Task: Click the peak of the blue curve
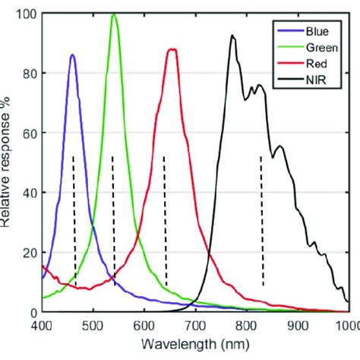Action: (72, 55)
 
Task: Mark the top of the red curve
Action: (172, 49)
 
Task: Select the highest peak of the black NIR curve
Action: (233, 36)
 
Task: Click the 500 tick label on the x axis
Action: (93, 325)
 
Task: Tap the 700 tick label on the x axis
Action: (195, 325)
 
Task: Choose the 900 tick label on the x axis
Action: (298, 325)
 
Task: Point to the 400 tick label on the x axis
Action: (42, 325)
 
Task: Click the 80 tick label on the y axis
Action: (27, 73)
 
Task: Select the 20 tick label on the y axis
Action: (27, 252)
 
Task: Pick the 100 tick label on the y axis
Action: (24, 14)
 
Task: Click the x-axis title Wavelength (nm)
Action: (194, 343)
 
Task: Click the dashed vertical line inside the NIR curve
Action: (262, 220)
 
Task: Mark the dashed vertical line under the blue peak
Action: (74, 220)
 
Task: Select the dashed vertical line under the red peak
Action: (165, 220)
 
